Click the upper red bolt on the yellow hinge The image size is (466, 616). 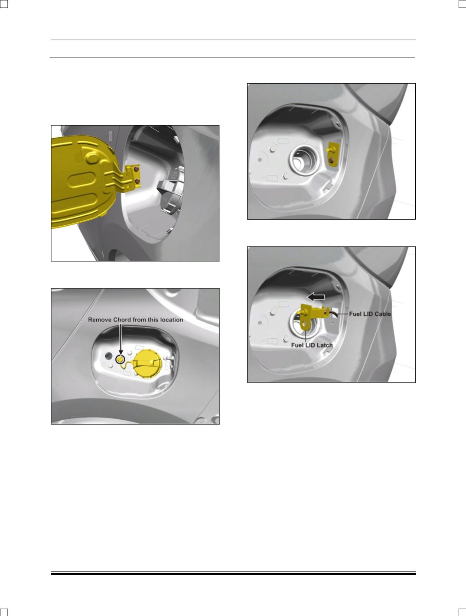point(136,169)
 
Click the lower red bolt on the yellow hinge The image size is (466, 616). point(137,182)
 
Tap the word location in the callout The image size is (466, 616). point(172,320)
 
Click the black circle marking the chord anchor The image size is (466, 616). point(121,359)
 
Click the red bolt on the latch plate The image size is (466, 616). point(332,161)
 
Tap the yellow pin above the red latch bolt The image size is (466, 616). point(331,149)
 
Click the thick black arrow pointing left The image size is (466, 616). point(316,297)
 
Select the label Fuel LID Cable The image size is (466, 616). point(370,314)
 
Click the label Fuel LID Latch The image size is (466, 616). point(312,345)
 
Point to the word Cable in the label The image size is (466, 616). point(382,314)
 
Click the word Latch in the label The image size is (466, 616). point(324,345)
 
